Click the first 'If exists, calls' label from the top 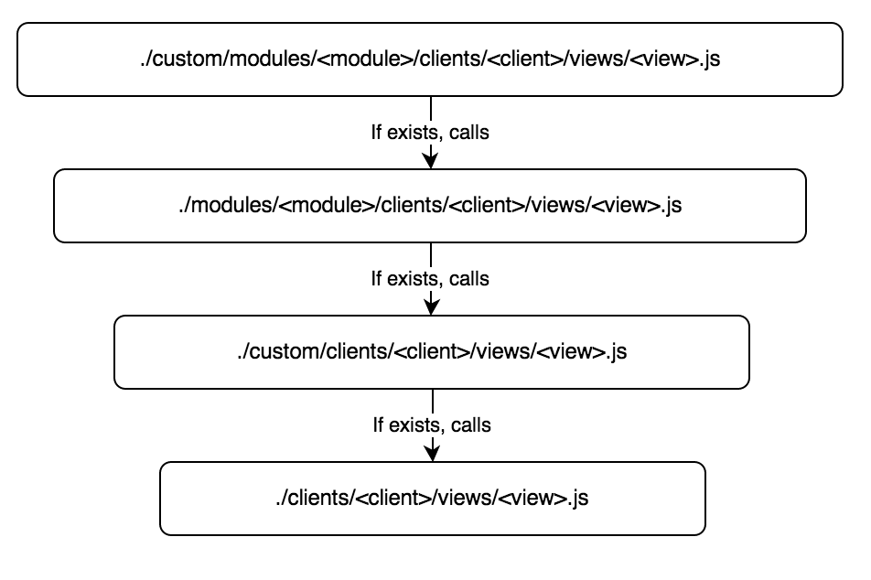[x=429, y=133]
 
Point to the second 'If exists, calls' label [x=430, y=279]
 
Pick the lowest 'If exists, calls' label [x=431, y=425]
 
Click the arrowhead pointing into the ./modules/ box [x=430, y=161]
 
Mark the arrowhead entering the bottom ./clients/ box [x=432, y=454]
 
